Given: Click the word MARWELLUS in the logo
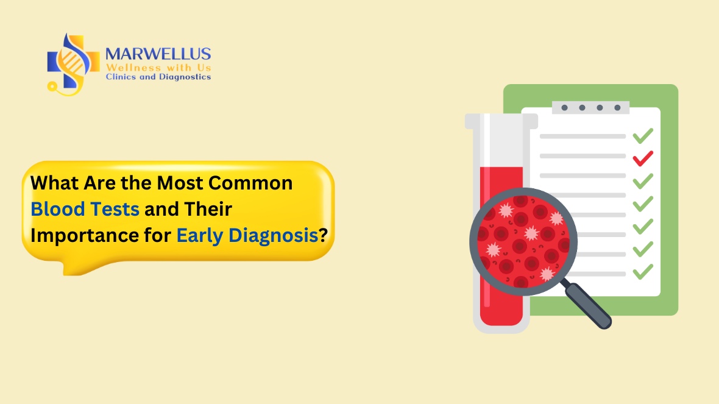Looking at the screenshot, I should pos(158,54).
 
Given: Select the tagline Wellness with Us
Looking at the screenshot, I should pos(158,67).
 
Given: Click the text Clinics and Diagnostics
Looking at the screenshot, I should pos(158,77).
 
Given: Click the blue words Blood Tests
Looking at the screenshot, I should pos(85,209).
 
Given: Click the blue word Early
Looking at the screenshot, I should pos(200,235).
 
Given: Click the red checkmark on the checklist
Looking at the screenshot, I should pos(643,158).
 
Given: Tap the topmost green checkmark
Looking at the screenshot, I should pos(643,135).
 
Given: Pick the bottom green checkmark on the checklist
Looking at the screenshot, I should pos(643,271).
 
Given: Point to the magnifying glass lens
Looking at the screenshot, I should pos(523,241).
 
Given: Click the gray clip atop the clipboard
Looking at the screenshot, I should pos(590,107).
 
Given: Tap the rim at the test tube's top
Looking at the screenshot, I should pos(501,121).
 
